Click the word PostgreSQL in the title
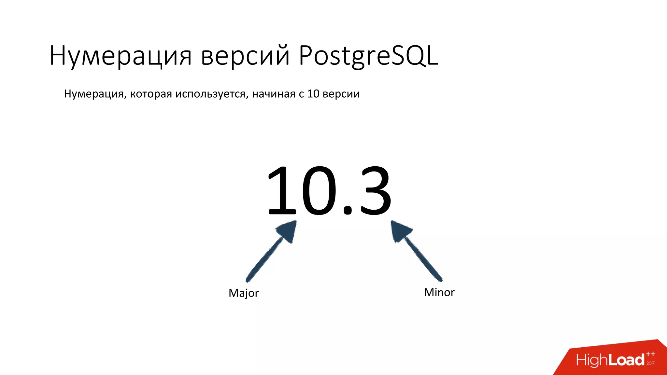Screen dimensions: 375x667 click(x=368, y=56)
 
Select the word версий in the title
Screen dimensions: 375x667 click(x=245, y=56)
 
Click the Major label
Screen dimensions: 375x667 click(x=244, y=293)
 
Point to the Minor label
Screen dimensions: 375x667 click(x=439, y=292)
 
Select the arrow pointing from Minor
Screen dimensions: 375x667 click(x=420, y=254)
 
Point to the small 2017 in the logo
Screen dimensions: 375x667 click(x=650, y=363)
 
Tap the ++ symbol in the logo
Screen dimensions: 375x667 click(x=650, y=354)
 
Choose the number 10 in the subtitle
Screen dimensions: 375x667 click(x=313, y=94)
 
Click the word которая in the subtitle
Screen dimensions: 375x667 click(x=151, y=94)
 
